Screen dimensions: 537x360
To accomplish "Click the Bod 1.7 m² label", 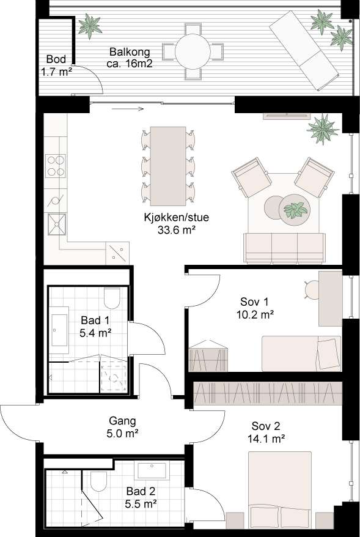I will coord(59,65).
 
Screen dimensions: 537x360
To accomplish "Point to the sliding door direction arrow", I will coord(128,109).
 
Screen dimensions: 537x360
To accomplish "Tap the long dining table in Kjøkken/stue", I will coord(168,166).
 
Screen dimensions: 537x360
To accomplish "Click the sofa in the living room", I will coord(284,247).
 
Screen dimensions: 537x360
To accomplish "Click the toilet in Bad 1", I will coord(113,298).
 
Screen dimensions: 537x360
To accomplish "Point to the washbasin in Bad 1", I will coord(59,331).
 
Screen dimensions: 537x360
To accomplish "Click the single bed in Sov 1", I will coord(300,353).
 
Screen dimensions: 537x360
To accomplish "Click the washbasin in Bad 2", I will coord(153,470).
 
